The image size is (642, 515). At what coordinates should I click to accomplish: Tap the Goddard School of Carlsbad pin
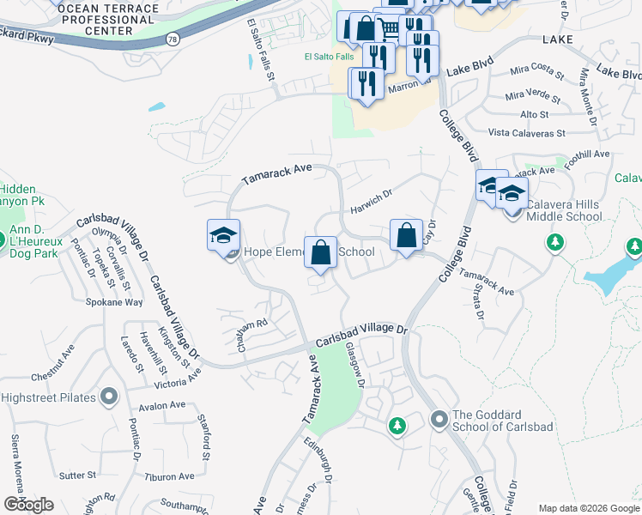(x=439, y=419)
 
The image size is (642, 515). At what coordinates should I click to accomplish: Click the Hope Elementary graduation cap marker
(x=223, y=236)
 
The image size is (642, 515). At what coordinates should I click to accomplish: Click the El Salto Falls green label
(x=329, y=57)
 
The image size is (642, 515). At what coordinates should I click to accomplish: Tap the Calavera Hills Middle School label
(x=564, y=216)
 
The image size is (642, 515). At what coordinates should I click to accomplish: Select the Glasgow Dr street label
(x=354, y=364)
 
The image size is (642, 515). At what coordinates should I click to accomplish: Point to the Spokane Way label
(x=114, y=302)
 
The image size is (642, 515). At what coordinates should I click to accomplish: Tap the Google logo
(x=29, y=504)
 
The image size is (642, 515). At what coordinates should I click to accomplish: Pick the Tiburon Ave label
(x=170, y=476)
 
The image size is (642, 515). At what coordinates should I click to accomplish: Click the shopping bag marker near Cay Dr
(x=406, y=235)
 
